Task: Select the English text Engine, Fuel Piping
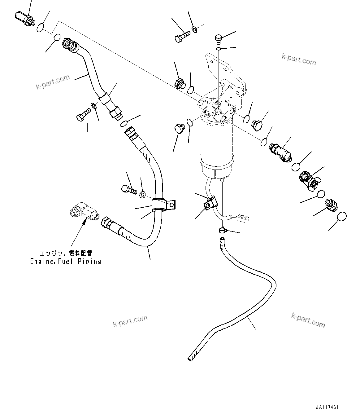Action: tap(66, 261)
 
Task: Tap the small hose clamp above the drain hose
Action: tap(222, 230)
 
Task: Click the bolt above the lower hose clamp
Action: tap(128, 188)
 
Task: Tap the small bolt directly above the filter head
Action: tap(218, 39)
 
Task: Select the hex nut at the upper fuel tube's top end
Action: tap(67, 43)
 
